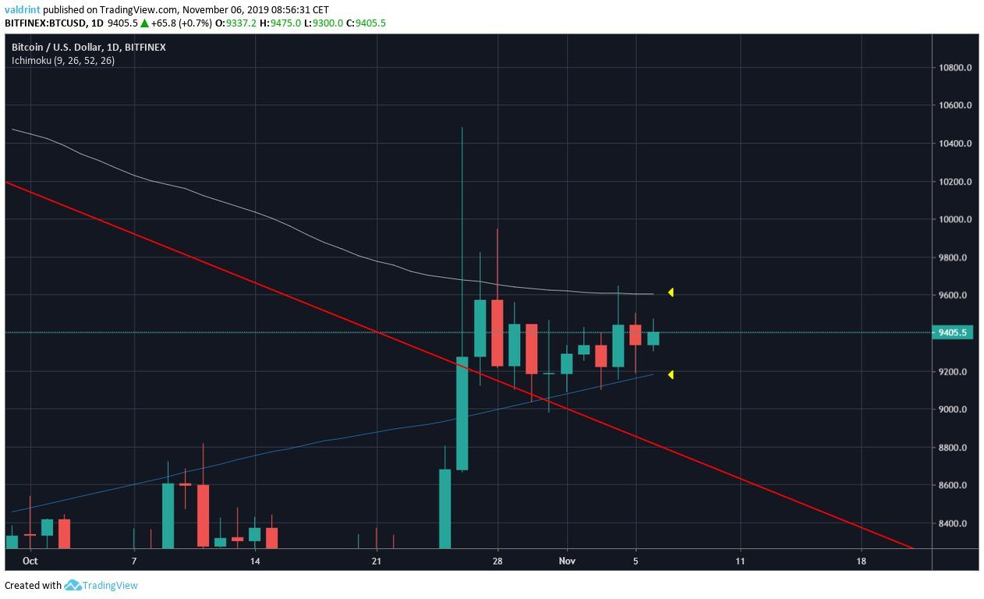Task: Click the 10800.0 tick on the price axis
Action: coord(955,68)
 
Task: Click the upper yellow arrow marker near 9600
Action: coord(670,292)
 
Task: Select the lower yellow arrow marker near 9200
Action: coord(670,375)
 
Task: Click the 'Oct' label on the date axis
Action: coord(30,561)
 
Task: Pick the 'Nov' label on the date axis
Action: coord(568,561)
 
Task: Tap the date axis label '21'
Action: coord(376,561)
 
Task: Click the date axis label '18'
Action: coord(861,561)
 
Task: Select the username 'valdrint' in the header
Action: coord(23,10)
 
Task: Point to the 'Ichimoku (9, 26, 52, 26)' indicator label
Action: coord(62,60)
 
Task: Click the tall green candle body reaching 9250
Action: coord(462,413)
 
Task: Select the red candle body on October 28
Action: coord(497,333)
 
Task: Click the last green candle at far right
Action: coord(653,338)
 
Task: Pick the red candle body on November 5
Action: coord(635,335)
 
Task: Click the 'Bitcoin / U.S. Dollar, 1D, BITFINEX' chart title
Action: coord(88,48)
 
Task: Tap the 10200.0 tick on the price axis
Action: coord(955,182)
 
